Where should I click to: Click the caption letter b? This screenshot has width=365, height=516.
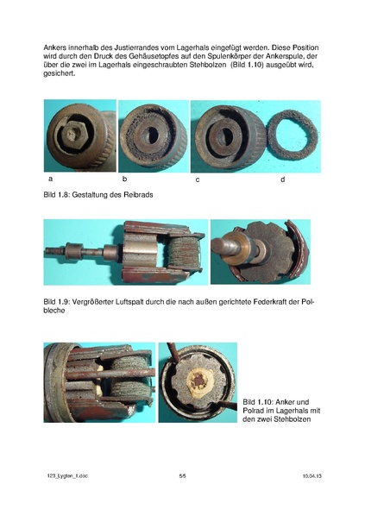125,179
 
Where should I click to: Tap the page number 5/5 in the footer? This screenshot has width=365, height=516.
183,475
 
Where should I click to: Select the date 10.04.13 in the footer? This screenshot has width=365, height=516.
312,475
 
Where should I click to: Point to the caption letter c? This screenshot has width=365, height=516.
198,179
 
